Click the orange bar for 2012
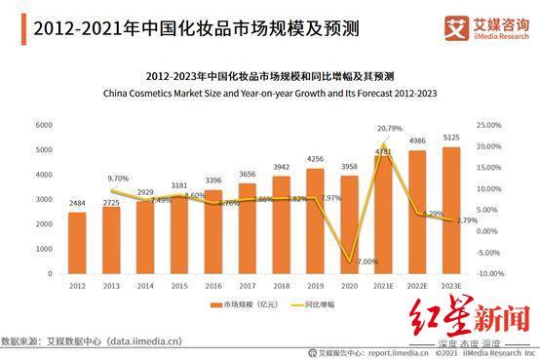pyautogui.click(x=77, y=244)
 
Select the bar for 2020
pyautogui.click(x=350, y=224)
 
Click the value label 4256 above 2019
pyautogui.click(x=316, y=159)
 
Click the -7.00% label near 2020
pyautogui.click(x=366, y=261)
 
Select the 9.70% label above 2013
pyautogui.click(x=118, y=179)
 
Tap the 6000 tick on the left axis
pyautogui.click(x=44, y=125)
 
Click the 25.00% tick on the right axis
pyautogui.click(x=489, y=125)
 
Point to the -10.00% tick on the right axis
pyautogui.click(x=489, y=274)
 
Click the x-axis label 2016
pyautogui.click(x=213, y=286)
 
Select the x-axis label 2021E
pyautogui.click(x=384, y=286)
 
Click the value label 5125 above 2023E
pyautogui.click(x=452, y=138)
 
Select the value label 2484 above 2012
pyautogui.click(x=77, y=203)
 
